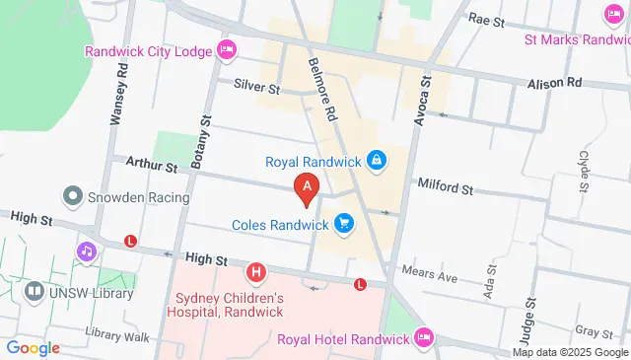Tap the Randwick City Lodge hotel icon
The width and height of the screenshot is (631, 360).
(x=228, y=48)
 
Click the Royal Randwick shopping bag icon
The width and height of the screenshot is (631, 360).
(x=376, y=158)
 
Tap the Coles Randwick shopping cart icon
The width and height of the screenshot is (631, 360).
(x=343, y=223)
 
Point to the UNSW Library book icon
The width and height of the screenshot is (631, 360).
(x=35, y=292)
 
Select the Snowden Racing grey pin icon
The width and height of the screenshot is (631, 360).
(x=72, y=196)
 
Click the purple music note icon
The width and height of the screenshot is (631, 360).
(x=87, y=252)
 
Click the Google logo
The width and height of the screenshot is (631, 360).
(x=33, y=347)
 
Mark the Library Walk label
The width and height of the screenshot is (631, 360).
(x=116, y=335)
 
